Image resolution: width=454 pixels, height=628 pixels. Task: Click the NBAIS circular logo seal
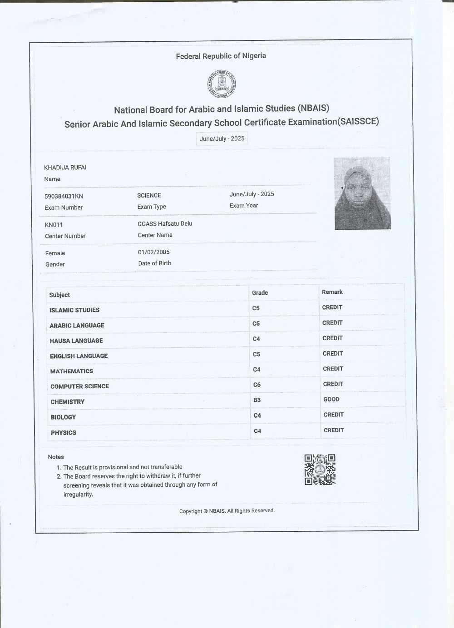222,84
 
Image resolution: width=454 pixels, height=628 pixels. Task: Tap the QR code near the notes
320,470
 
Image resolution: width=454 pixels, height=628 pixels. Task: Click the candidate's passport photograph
362,193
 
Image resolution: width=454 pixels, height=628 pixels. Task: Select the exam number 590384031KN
64,196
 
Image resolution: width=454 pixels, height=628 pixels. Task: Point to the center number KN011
54,225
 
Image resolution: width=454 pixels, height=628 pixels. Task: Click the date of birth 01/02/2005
154,252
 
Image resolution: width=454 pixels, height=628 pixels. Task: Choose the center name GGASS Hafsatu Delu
165,223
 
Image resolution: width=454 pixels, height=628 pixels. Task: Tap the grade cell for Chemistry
257,400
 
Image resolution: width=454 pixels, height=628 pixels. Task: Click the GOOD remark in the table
331,399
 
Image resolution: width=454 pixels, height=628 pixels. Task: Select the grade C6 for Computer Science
257,385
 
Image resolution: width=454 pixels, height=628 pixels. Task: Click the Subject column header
59,295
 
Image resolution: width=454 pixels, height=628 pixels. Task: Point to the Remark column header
332,292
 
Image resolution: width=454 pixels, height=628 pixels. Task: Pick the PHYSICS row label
64,433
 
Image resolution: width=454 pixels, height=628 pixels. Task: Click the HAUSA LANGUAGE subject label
76,341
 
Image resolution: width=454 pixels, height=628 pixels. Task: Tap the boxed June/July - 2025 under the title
222,138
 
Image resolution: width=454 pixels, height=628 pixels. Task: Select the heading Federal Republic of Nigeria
221,56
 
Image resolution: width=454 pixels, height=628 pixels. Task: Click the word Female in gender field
55,253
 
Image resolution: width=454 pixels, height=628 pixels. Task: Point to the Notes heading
56,457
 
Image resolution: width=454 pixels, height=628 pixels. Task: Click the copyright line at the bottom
227,511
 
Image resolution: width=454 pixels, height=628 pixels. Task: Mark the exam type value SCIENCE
149,195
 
